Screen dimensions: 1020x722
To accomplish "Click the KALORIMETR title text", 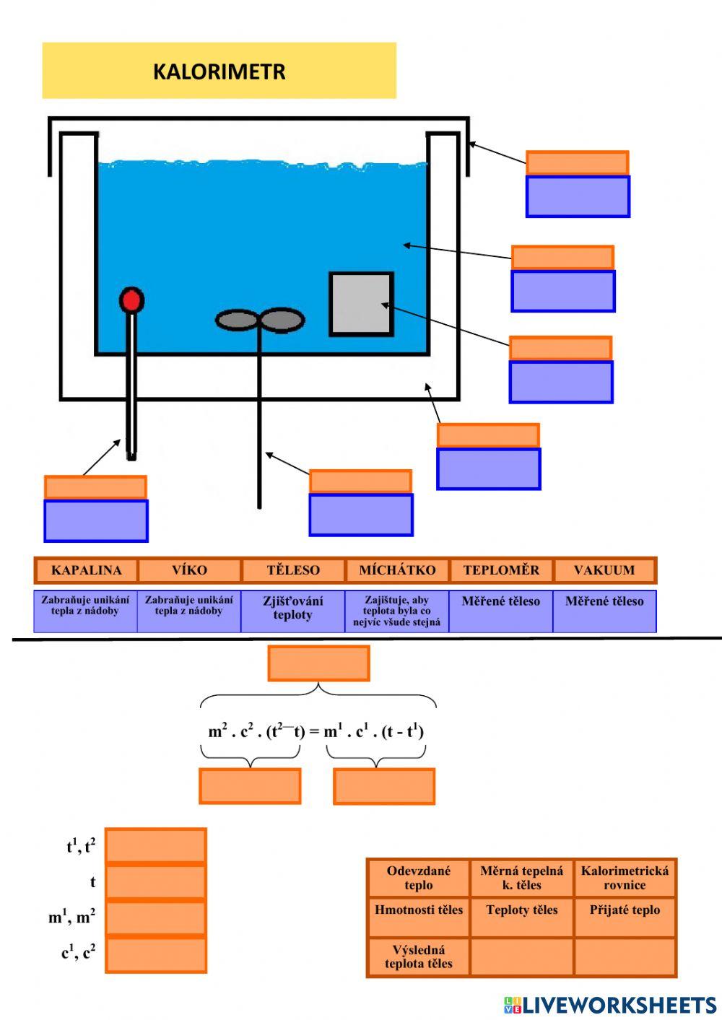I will tap(219, 71).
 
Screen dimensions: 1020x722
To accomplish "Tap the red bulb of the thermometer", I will tap(131, 300).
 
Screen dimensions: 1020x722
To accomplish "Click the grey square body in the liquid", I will tap(361, 304).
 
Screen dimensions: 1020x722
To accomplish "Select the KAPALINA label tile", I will tap(86, 570).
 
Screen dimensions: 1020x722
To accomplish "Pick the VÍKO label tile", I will tap(189, 570).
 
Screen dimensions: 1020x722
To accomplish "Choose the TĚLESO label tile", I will tap(293, 570).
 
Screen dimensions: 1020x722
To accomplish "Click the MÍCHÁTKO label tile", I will tap(397, 570).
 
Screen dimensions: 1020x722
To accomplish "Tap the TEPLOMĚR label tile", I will tap(501, 570).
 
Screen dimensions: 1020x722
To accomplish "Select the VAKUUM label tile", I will tap(604, 570).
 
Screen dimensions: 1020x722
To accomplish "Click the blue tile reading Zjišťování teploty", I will tap(292, 611).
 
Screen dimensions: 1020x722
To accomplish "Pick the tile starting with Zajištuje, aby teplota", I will tap(396, 611).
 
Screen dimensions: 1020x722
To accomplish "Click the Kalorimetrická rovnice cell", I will tap(625, 878).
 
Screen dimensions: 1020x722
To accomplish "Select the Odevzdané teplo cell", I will tap(418, 878).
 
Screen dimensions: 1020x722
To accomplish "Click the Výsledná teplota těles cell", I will tap(418, 956).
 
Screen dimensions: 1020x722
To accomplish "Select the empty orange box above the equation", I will tap(318, 663).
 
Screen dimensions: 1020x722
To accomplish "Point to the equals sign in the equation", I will tap(314, 732).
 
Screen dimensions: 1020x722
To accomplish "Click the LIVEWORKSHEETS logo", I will tap(610, 1005).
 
